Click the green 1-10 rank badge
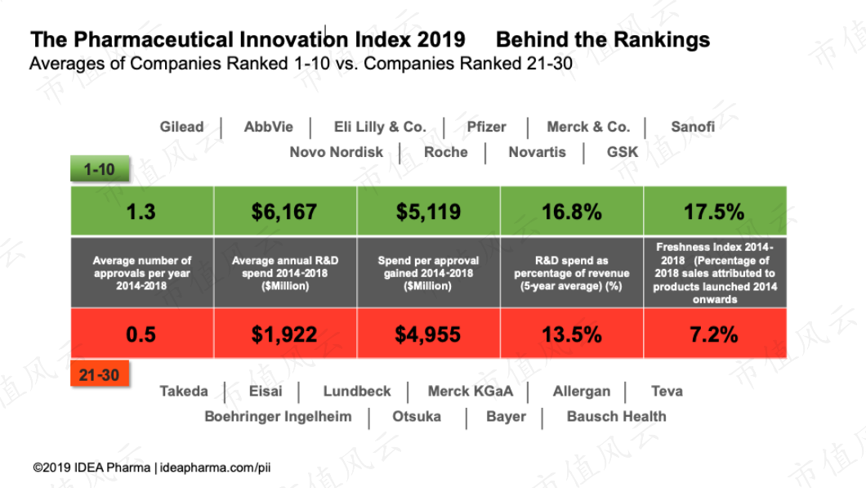[100, 168]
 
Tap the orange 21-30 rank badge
[100, 374]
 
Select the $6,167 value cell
[284, 212]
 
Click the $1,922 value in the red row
[284, 334]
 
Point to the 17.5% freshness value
[714, 212]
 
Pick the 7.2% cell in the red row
[714, 334]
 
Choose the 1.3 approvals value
[141, 212]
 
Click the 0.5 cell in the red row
[141, 334]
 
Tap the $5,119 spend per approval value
[428, 212]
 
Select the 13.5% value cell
[572, 334]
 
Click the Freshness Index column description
[715, 273]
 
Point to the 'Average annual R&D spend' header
[285, 273]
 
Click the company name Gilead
[181, 127]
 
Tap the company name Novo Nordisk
[336, 152]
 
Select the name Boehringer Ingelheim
[278, 416]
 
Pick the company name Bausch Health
[616, 416]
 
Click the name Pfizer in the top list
[486, 127]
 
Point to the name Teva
[667, 391]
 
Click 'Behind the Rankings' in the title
[603, 40]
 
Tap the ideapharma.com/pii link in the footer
[216, 468]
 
